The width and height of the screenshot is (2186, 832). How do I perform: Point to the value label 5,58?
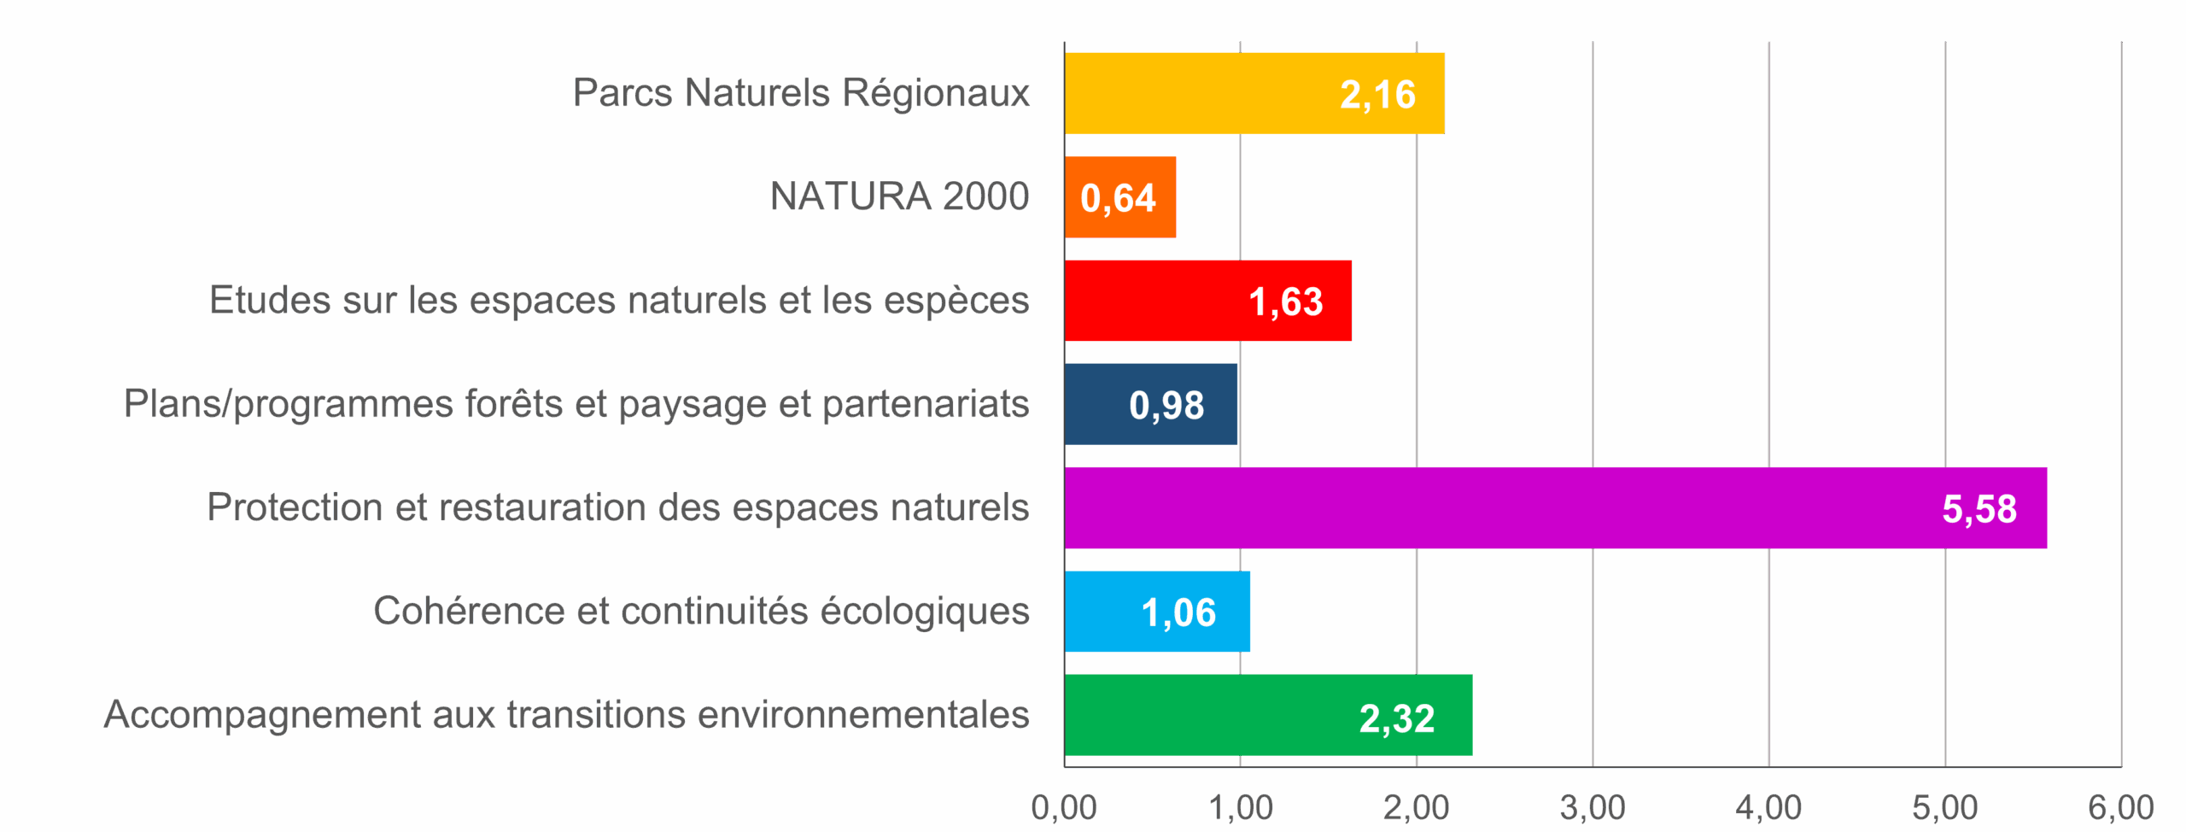[x=1979, y=509]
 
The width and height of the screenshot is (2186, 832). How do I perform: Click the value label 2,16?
[x=1377, y=94]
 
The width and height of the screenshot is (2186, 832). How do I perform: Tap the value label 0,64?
[x=1118, y=198]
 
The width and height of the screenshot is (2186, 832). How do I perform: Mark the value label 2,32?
[x=1397, y=718]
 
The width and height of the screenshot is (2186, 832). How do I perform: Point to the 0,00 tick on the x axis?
[x=1064, y=807]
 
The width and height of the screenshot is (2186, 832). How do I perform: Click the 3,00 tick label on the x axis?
[x=1593, y=807]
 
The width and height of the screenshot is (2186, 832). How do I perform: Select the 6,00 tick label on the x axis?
[x=2121, y=807]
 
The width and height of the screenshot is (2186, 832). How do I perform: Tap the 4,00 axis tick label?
[x=1768, y=807]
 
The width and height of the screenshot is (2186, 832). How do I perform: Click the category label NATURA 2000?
[x=899, y=196]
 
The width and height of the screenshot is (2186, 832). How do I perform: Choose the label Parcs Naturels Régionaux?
[x=800, y=93]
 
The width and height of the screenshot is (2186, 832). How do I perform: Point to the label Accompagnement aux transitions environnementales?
[x=566, y=715]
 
